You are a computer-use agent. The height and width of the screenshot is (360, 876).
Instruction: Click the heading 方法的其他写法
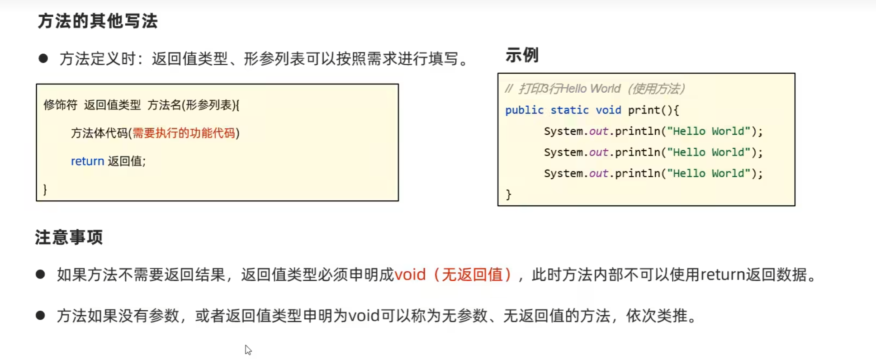(98, 21)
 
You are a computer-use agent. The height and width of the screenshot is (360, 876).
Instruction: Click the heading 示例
(522, 55)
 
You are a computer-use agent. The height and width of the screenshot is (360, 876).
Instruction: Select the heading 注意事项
(69, 237)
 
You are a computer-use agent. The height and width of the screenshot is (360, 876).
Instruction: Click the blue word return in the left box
(87, 161)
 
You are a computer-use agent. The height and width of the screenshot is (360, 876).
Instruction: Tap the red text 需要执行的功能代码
(184, 133)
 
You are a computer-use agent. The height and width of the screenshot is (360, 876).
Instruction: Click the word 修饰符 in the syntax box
(61, 105)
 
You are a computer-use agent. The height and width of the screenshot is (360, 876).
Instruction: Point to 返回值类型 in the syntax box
(113, 105)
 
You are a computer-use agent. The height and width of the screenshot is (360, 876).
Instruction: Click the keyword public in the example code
(524, 110)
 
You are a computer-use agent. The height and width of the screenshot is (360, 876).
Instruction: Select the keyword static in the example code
(569, 110)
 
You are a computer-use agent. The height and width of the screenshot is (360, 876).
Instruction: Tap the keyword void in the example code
(608, 110)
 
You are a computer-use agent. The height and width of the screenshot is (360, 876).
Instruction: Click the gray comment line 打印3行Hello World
(595, 89)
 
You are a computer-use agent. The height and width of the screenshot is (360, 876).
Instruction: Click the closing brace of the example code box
(509, 194)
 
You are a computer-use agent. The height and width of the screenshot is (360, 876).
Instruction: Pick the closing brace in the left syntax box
(45, 189)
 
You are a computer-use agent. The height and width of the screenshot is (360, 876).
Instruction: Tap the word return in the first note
(723, 275)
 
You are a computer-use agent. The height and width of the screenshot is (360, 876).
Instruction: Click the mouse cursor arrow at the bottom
(248, 350)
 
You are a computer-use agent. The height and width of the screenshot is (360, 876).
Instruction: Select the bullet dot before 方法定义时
(43, 58)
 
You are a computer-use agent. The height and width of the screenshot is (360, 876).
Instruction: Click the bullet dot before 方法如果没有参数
(40, 315)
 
